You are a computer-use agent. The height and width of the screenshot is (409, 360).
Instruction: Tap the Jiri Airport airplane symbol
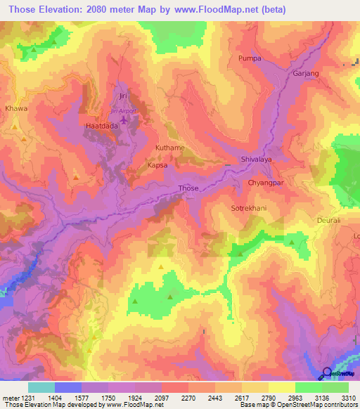point(125,121)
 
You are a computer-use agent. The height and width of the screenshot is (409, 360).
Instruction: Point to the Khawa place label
point(16,109)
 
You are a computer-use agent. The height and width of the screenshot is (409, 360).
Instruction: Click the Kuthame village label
point(169,148)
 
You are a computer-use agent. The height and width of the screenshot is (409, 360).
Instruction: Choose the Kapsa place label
point(157,166)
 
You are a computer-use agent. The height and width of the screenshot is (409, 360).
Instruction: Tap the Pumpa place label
point(250,58)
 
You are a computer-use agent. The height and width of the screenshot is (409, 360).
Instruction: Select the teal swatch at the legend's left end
point(41,387)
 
